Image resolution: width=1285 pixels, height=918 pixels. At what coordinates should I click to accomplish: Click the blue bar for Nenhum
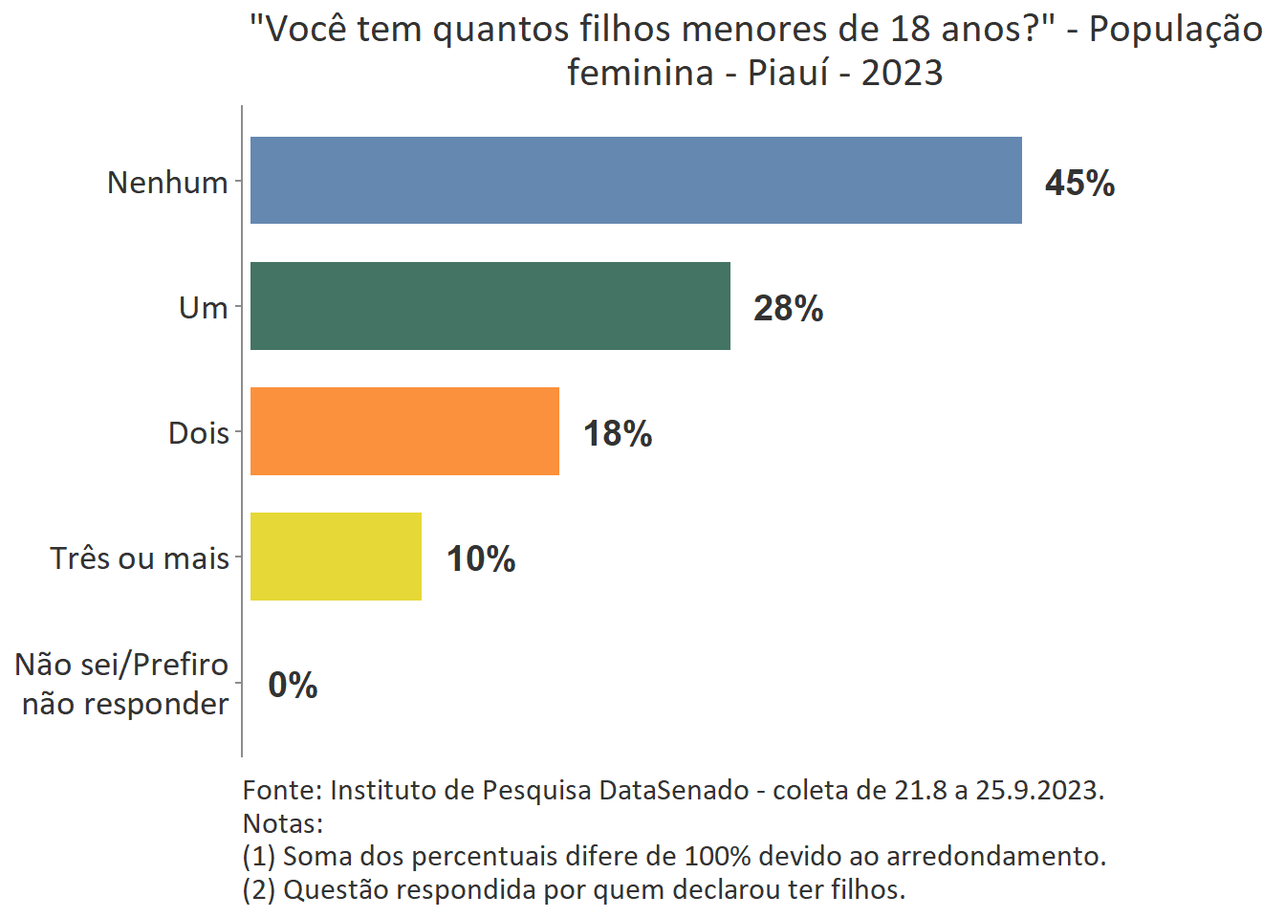(x=636, y=181)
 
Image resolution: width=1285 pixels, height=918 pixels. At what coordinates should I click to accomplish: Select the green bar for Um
(x=490, y=306)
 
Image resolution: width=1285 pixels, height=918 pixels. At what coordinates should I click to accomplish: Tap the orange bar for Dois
(x=404, y=431)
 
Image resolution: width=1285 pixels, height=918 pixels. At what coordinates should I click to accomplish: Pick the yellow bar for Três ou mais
(x=336, y=557)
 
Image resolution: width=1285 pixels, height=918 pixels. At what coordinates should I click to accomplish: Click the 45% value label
(x=1079, y=183)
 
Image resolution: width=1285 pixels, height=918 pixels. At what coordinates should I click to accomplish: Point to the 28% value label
(x=788, y=308)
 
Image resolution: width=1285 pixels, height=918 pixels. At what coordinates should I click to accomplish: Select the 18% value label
(x=618, y=433)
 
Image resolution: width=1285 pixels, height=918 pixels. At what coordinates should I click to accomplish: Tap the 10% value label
(x=481, y=558)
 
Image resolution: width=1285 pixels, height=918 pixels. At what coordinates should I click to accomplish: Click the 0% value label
(x=293, y=685)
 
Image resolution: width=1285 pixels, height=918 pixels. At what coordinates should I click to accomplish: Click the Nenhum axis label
(x=167, y=182)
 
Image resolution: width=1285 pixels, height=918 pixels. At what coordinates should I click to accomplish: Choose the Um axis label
(x=203, y=308)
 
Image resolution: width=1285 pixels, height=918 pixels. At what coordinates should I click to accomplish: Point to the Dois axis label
(x=198, y=433)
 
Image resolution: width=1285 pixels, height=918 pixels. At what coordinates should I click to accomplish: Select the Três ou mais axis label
(x=140, y=558)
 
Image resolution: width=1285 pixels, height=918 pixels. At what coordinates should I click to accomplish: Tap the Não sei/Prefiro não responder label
(x=123, y=684)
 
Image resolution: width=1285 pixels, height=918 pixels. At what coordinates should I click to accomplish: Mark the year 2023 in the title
(x=902, y=73)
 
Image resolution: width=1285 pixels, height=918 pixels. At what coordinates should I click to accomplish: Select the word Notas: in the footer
(x=283, y=823)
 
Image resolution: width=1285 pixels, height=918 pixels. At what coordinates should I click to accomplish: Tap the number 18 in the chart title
(x=910, y=30)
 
